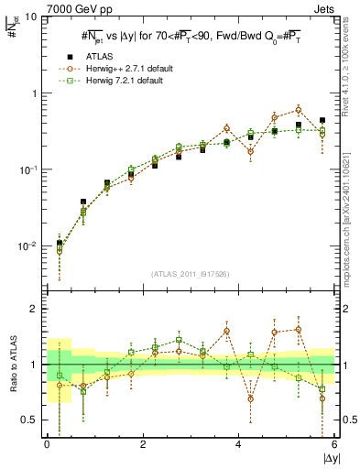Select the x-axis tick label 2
tap(143, 444)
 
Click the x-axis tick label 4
tap(239, 444)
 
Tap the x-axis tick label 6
tap(334, 444)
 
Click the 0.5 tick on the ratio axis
tap(32, 420)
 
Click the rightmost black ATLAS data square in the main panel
tap(322, 120)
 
